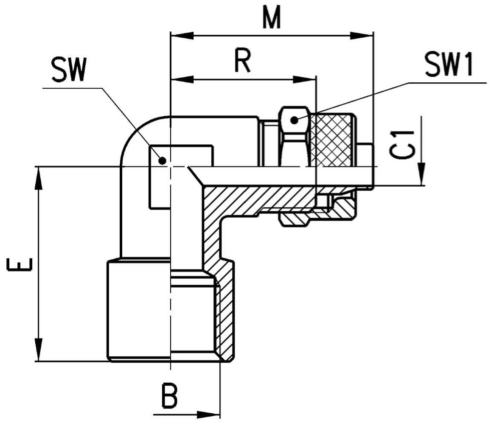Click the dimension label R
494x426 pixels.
tap(243, 61)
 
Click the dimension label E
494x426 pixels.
tap(20, 264)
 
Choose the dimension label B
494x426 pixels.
tap(169, 395)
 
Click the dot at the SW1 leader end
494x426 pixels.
tap(294, 120)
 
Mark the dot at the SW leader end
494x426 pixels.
tap(162, 160)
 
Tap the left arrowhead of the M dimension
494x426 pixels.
tap(182, 36)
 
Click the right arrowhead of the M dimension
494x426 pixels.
tap(362, 36)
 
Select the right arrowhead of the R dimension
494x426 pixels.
tap(304, 79)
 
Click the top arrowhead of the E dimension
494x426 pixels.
tap(39, 178)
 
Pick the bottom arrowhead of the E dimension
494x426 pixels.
tap(39, 350)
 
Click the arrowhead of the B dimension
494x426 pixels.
tap(208, 415)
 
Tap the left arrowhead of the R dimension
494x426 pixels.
tap(182, 79)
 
